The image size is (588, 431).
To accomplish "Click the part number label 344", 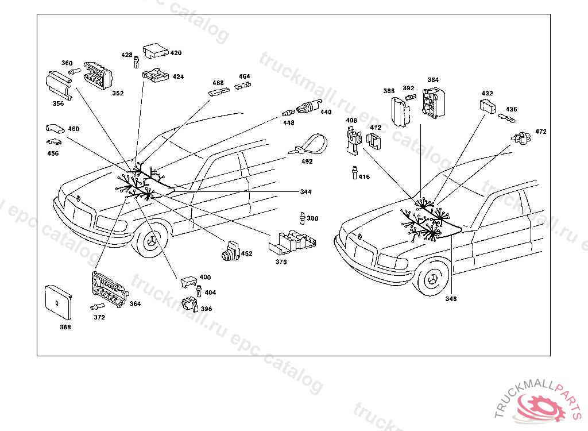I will pos(306,191).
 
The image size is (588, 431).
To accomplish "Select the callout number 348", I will pos(452,299).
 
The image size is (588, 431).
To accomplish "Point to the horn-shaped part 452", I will pos(230,251).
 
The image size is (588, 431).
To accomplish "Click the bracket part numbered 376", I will pos(292,241).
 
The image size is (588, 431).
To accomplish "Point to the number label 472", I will pos(541,132).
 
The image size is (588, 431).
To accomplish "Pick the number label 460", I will pos(73,129).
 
